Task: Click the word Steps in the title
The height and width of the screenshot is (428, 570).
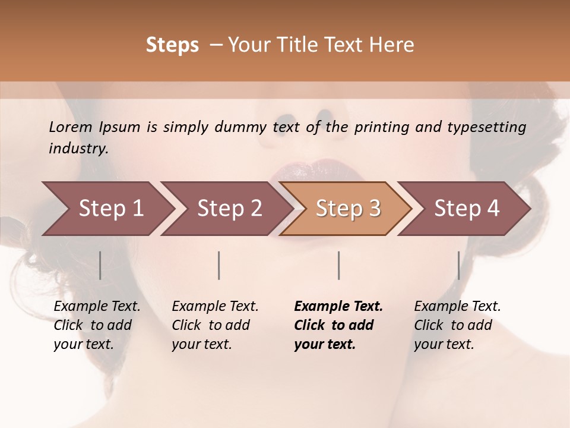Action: [x=172, y=45]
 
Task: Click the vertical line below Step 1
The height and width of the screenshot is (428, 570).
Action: [x=100, y=265]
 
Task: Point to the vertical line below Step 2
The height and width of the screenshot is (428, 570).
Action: [x=219, y=265]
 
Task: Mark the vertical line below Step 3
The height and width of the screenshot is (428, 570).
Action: [x=338, y=265]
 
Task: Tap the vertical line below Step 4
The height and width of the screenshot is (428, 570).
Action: [x=458, y=265]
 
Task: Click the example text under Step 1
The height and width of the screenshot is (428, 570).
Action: [x=97, y=325]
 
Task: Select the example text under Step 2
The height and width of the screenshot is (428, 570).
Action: [x=215, y=325]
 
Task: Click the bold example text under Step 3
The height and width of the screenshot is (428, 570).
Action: [x=338, y=325]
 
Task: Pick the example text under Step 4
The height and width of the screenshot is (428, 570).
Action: [x=457, y=325]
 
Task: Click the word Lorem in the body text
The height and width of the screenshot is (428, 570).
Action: [x=71, y=127]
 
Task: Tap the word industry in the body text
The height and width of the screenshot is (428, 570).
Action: [x=78, y=148]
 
